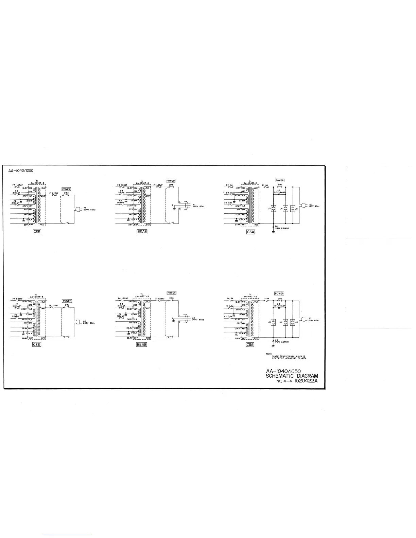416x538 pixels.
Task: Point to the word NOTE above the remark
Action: (x=268, y=354)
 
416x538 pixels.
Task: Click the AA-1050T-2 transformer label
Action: (x=250, y=296)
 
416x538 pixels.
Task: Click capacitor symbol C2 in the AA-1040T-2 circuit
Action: (x=278, y=195)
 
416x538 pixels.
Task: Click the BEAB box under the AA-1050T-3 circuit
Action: (x=141, y=344)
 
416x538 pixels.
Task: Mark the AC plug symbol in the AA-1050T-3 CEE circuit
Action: (x=77, y=322)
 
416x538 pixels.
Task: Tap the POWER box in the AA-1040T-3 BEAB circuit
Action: (x=170, y=181)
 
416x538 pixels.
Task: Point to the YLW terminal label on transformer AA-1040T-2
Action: (x=256, y=188)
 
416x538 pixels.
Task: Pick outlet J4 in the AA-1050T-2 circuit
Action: (x=286, y=322)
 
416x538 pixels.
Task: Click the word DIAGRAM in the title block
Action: (x=306, y=376)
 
